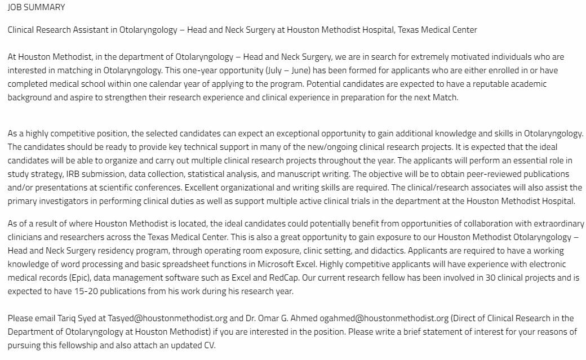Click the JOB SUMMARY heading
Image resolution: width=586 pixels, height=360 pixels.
pos(36,7)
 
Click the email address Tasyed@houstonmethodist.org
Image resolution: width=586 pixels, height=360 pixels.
pos(159,318)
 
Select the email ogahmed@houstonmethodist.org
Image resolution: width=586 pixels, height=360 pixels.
pos(402,318)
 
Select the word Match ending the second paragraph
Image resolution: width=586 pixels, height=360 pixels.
pos(445,97)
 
